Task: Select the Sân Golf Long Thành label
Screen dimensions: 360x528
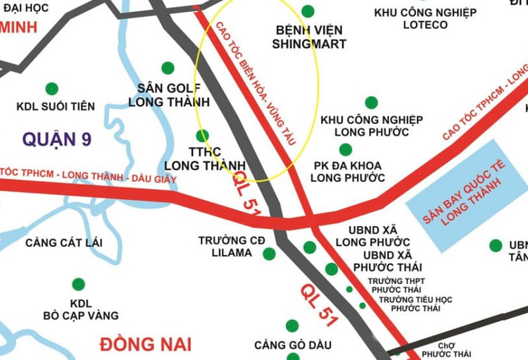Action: (x=165, y=94)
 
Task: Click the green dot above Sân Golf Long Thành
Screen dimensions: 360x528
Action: (x=168, y=68)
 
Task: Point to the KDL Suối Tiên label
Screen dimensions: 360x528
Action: (x=56, y=107)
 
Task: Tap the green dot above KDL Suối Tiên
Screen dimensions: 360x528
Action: (x=51, y=89)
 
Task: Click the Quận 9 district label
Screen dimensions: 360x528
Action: (x=56, y=139)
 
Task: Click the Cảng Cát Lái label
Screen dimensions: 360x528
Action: (x=63, y=243)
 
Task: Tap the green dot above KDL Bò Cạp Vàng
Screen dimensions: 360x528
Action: (x=78, y=285)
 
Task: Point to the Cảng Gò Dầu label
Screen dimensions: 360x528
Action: (x=292, y=345)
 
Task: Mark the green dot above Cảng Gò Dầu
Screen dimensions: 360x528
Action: (x=292, y=325)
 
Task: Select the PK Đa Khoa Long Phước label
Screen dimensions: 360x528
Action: (x=348, y=170)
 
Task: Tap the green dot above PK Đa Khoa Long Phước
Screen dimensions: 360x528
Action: (x=346, y=149)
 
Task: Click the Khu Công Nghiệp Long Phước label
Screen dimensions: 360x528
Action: (x=372, y=125)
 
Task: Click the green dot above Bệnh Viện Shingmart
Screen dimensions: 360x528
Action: (x=308, y=11)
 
